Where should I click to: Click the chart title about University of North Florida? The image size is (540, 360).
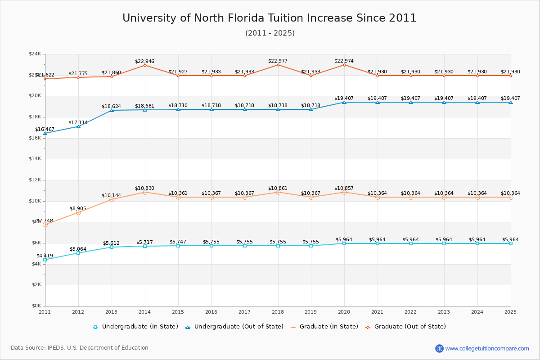(x=270, y=18)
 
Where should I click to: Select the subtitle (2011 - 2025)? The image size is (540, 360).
(x=270, y=33)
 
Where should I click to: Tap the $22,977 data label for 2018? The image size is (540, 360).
(x=278, y=61)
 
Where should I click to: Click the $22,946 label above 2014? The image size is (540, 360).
(x=144, y=61)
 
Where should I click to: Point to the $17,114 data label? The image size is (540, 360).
(x=78, y=122)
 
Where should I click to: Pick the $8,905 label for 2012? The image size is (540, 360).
(x=78, y=208)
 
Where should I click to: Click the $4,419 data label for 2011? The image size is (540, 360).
(x=45, y=256)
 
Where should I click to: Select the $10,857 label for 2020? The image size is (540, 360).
(x=344, y=188)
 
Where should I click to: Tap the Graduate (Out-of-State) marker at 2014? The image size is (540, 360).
(x=145, y=65)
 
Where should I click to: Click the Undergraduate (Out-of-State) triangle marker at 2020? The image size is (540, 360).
(x=344, y=102)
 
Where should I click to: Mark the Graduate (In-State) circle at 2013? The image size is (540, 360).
(x=112, y=199)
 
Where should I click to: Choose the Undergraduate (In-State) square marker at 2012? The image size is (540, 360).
(x=78, y=253)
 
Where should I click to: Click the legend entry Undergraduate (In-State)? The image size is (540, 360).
(x=135, y=327)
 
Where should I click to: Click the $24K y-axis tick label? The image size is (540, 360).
(x=35, y=54)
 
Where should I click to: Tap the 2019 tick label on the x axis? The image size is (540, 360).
(x=311, y=311)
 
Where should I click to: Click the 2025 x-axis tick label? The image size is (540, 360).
(x=510, y=311)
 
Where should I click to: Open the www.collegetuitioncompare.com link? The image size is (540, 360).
(x=487, y=348)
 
